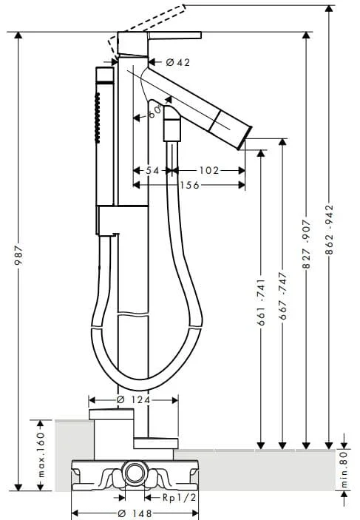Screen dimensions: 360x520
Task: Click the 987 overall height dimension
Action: (x=18, y=255)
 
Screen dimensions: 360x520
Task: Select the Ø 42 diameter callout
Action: (x=178, y=62)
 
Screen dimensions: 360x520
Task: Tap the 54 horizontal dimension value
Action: (x=152, y=170)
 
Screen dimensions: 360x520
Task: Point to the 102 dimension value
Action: (x=209, y=170)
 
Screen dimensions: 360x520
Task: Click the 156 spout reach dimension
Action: (x=190, y=185)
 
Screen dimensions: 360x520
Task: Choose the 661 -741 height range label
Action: (x=261, y=302)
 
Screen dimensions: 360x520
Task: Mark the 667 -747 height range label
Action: (x=282, y=296)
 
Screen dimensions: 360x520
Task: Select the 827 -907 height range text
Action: (x=306, y=244)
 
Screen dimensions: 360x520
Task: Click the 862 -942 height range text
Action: (x=329, y=230)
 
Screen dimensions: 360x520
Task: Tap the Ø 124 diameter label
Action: (x=134, y=400)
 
